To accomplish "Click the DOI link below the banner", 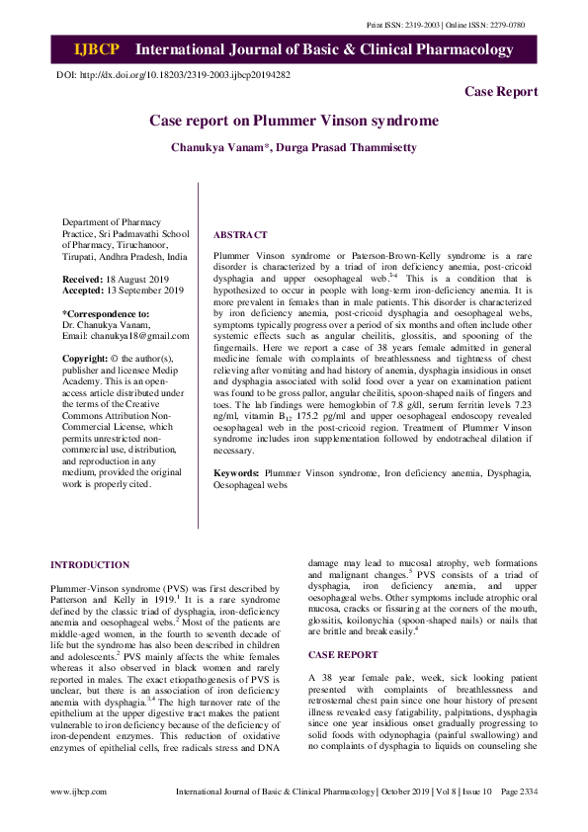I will pos(183,74).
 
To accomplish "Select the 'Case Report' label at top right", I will pos(501,92).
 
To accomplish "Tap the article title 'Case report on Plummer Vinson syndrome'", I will pos(294,121).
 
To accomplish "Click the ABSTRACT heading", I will pos(240,235).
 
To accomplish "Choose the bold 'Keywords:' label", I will pos(237,475).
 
